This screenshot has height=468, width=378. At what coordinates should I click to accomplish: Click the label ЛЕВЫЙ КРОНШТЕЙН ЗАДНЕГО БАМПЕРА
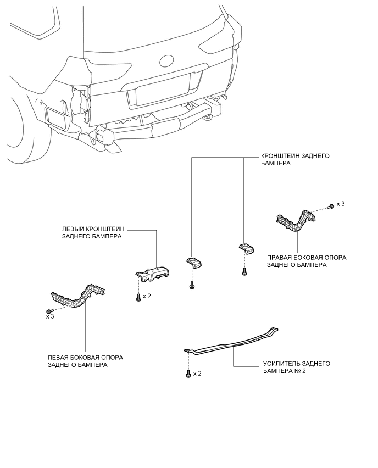93,233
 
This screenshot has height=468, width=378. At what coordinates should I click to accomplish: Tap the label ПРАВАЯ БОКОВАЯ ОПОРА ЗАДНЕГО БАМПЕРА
307,261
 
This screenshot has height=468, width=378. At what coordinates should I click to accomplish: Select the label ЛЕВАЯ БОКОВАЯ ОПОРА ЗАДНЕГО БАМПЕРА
85,361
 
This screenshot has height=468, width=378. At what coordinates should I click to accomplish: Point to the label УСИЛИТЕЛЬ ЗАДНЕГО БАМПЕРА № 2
297,367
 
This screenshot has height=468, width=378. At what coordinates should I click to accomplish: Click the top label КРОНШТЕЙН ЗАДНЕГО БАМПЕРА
295,160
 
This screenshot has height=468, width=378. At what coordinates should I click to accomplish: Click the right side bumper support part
295,220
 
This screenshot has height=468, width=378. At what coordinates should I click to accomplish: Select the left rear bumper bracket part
153,274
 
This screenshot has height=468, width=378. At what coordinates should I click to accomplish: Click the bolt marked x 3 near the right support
331,206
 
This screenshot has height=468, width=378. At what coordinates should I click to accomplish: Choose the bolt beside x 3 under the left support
50,311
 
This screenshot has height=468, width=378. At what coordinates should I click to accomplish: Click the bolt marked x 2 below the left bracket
138,297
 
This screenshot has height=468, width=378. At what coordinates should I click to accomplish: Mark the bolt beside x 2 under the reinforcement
188,374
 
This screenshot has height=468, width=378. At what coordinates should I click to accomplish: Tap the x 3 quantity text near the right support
341,204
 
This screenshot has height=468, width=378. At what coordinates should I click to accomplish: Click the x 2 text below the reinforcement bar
197,374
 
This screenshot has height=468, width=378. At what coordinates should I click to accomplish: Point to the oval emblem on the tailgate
166,60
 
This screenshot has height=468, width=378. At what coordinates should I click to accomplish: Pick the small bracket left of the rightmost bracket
194,263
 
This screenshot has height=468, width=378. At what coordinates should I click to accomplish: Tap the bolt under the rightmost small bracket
244,271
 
